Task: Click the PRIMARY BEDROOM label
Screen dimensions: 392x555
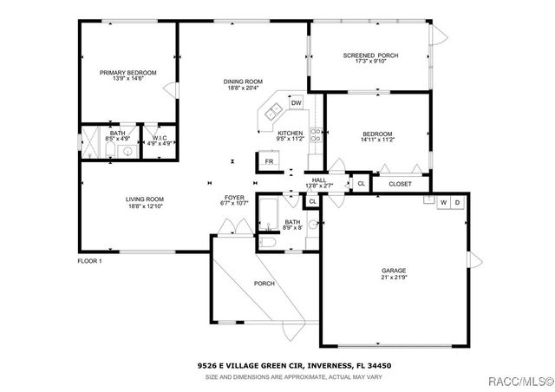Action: (x=127, y=73)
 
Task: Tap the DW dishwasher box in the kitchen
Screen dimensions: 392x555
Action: (x=296, y=103)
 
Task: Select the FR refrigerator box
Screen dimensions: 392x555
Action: (x=269, y=161)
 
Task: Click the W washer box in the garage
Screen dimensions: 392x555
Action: (x=443, y=202)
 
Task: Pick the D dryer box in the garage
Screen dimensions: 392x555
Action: (x=458, y=202)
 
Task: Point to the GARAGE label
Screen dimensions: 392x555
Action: (x=394, y=271)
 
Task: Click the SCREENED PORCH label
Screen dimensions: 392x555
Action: (x=370, y=56)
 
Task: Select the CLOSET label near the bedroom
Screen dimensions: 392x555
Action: (x=400, y=184)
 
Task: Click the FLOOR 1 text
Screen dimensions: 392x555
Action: (x=89, y=261)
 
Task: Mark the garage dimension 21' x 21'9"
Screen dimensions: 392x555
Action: (x=394, y=278)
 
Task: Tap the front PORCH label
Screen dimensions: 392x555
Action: (x=264, y=284)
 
